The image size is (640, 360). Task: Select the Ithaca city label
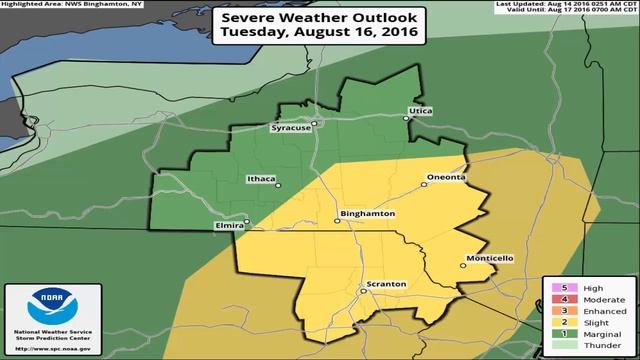[x=260, y=180]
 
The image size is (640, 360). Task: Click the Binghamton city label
[x=369, y=214]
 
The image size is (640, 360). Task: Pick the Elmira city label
[x=228, y=227]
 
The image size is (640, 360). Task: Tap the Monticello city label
[x=489, y=258]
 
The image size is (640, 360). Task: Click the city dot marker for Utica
[x=406, y=118]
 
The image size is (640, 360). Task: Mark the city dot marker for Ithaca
[x=279, y=185]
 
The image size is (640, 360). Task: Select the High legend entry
[x=585, y=285]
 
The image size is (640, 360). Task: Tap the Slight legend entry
[x=585, y=324]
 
